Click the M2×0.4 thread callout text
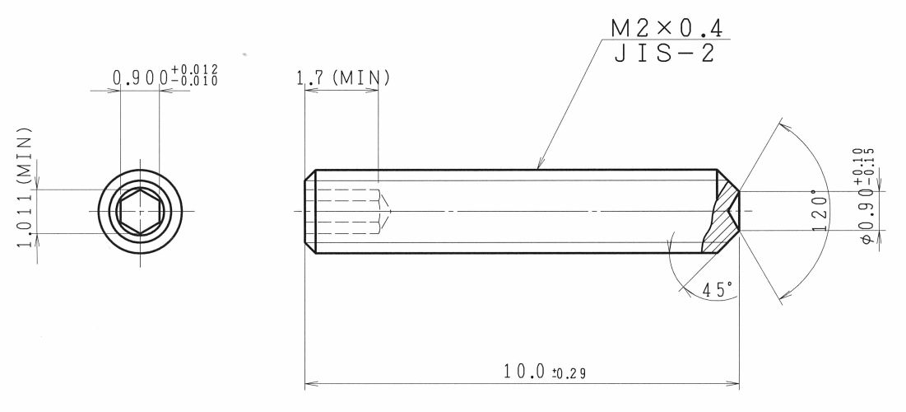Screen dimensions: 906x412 pyautogui.click(x=667, y=28)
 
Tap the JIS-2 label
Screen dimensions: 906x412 pyautogui.click(x=664, y=53)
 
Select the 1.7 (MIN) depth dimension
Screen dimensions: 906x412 pyautogui.click(x=343, y=78)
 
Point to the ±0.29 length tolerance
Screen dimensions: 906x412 pyautogui.click(x=569, y=373)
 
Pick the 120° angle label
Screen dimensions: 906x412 pyautogui.click(x=820, y=210)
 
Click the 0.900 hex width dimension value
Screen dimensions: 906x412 pyautogui.click(x=141, y=78)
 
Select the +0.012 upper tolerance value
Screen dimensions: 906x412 pyautogui.click(x=195, y=71)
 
